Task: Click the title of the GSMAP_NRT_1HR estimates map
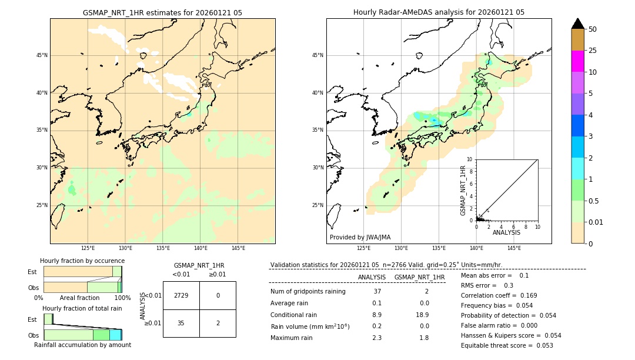(162, 12)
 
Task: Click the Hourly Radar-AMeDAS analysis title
(439, 12)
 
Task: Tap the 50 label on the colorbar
(593, 29)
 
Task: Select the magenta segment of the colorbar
(577, 61)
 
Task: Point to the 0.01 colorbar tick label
(596, 222)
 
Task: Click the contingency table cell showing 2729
(181, 295)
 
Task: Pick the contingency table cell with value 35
(181, 323)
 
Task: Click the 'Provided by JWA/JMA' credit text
(360, 237)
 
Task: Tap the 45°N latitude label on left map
(42, 55)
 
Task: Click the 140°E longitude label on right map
(476, 248)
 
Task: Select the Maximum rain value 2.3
(377, 338)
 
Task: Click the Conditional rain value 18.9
(420, 315)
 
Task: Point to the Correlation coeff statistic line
(499, 295)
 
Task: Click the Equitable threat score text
(507, 345)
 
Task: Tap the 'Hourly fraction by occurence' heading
(82, 261)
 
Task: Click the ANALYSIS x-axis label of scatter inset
(506, 232)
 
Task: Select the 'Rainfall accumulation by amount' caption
(82, 345)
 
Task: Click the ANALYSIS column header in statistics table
(372, 277)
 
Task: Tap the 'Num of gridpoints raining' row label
(308, 292)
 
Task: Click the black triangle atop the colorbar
(577, 24)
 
